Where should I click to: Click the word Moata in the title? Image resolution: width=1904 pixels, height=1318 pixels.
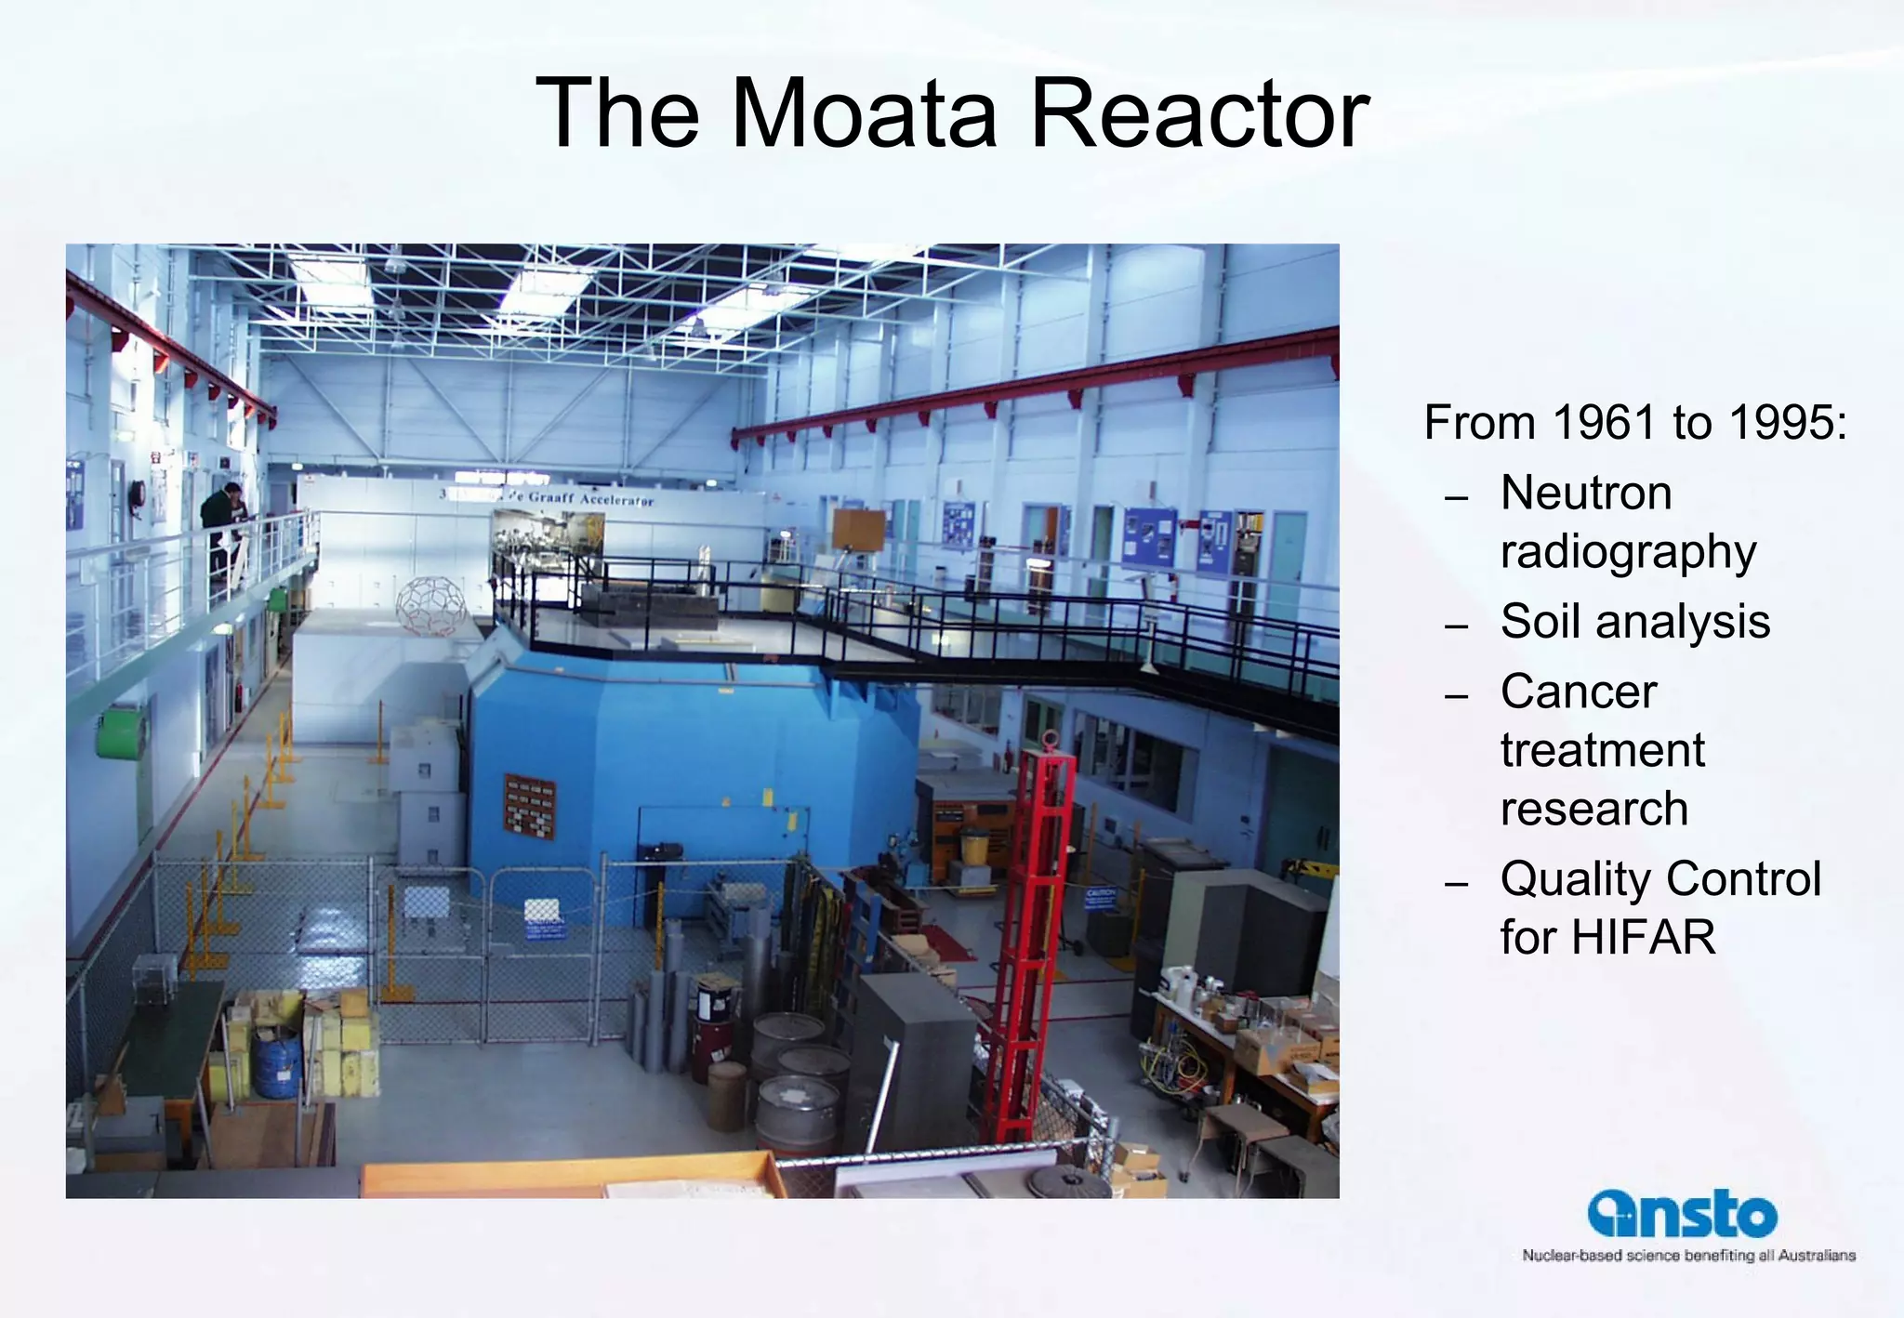pyautogui.click(x=865, y=113)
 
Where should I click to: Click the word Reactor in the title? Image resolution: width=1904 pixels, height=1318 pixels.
pyautogui.click(x=1199, y=113)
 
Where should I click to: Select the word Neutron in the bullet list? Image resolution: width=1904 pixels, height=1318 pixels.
pyautogui.click(x=1586, y=493)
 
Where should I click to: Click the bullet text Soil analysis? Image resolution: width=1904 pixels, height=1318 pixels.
pyautogui.click(x=1634, y=621)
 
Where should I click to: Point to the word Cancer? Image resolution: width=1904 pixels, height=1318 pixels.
pyautogui.click(x=1579, y=692)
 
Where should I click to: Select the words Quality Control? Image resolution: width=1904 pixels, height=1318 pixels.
pyautogui.click(x=1660, y=878)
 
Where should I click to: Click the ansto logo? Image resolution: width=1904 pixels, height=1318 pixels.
pyautogui.click(x=1682, y=1214)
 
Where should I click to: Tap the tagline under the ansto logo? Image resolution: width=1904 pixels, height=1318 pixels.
pyautogui.click(x=1688, y=1256)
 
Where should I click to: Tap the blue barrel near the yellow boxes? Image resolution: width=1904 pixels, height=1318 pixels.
pyautogui.click(x=277, y=1062)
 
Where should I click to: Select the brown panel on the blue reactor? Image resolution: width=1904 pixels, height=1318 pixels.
pyautogui.click(x=529, y=805)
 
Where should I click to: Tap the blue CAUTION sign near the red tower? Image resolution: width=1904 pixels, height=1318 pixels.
pyautogui.click(x=1100, y=898)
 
